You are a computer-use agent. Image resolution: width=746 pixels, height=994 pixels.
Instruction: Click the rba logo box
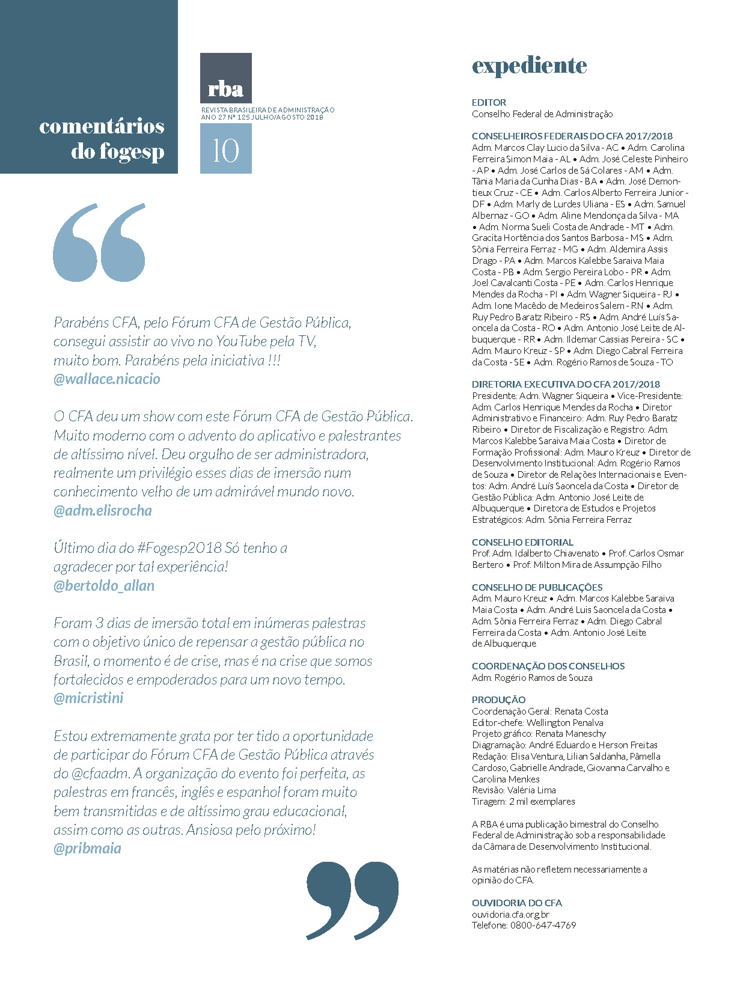pyautogui.click(x=225, y=78)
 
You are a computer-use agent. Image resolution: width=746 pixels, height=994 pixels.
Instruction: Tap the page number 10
pyautogui.click(x=225, y=150)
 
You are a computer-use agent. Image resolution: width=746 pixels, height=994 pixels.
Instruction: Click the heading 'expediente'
pyautogui.click(x=529, y=66)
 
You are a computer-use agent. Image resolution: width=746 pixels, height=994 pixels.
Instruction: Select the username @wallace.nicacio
pyautogui.click(x=107, y=379)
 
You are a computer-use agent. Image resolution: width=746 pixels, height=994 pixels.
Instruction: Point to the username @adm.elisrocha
pyautogui.click(x=103, y=511)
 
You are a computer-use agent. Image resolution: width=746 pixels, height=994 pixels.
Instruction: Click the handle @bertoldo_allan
pyautogui.click(x=104, y=586)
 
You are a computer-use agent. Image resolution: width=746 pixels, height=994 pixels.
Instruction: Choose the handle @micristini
pyautogui.click(x=88, y=698)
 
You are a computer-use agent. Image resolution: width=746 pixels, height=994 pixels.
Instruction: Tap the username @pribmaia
pyautogui.click(x=87, y=849)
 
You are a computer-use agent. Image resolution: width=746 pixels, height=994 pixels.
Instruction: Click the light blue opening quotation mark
pyautogui.click(x=99, y=243)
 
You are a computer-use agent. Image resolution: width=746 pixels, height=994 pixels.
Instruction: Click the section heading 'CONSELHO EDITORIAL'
pyautogui.click(x=522, y=542)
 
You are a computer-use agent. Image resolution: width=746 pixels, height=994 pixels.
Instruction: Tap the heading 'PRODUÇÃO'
pyautogui.click(x=498, y=700)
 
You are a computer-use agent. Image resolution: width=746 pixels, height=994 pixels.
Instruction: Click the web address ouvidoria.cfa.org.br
pyautogui.click(x=510, y=914)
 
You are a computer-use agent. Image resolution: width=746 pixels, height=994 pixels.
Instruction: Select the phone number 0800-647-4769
pyautogui.click(x=543, y=925)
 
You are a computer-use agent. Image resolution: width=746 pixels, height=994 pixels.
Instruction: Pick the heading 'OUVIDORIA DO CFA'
pyautogui.click(x=516, y=903)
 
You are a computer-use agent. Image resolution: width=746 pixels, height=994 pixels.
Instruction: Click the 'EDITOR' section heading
pyautogui.click(x=489, y=103)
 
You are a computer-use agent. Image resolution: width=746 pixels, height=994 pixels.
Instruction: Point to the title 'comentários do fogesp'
pyautogui.click(x=102, y=139)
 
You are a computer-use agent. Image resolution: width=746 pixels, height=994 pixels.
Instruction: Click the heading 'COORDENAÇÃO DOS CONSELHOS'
pyautogui.click(x=548, y=666)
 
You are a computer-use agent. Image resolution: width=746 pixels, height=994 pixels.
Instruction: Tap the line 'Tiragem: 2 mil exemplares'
pyautogui.click(x=523, y=802)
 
